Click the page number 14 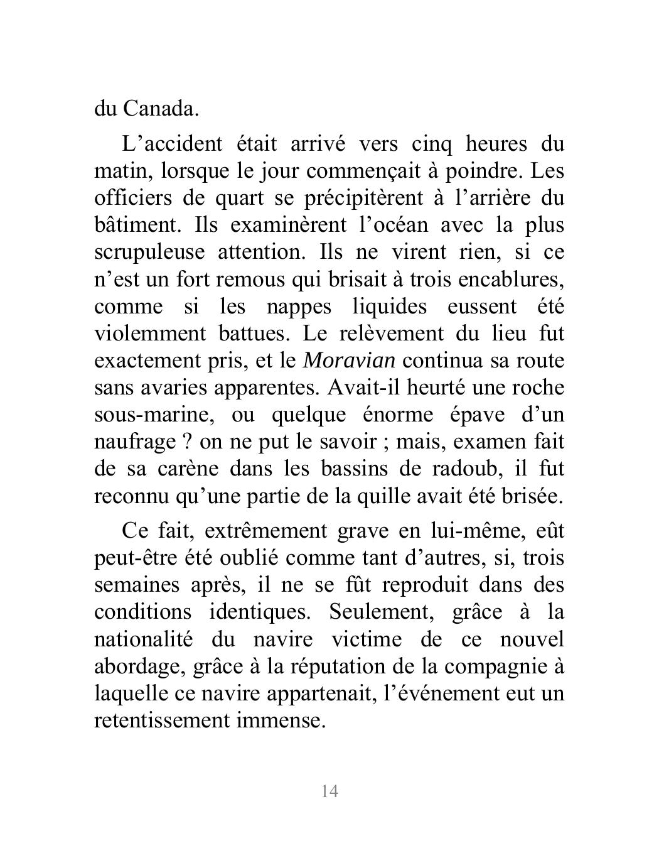coord(329,791)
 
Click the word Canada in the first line coord(161,109)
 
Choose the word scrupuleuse coord(149,253)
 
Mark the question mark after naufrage coord(186,442)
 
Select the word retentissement coord(161,720)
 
